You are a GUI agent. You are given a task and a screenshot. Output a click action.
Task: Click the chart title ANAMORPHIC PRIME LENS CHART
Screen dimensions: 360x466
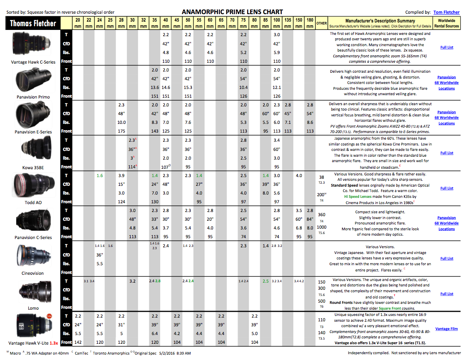point(232,12)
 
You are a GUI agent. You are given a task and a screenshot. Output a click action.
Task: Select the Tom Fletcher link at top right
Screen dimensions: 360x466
point(446,12)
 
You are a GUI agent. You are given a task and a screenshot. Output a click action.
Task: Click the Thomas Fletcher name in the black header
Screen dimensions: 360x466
point(33,23)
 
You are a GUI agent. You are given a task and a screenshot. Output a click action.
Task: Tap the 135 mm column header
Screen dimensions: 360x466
point(288,23)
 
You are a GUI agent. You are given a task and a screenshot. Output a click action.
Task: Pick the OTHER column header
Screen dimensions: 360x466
point(321,23)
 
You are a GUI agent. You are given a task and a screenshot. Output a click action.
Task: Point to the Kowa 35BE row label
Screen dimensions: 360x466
point(33,167)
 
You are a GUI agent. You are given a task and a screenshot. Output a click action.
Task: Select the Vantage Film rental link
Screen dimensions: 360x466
point(446,329)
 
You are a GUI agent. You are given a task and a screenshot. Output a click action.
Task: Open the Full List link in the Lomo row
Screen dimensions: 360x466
point(446,294)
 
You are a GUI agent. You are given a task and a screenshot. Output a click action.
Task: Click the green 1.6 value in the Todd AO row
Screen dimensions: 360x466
point(99,176)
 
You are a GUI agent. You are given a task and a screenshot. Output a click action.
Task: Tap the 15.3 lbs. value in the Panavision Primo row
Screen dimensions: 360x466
point(188,88)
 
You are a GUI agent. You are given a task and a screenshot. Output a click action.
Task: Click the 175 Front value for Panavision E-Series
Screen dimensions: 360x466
point(121,131)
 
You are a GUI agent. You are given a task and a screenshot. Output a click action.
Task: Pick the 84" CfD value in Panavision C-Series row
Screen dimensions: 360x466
point(310,219)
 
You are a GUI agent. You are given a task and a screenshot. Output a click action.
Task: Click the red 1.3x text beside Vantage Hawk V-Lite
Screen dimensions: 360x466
point(54,343)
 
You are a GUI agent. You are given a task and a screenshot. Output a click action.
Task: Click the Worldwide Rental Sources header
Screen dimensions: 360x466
point(446,23)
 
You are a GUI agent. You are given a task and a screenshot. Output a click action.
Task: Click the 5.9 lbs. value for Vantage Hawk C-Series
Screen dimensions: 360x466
point(277,53)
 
